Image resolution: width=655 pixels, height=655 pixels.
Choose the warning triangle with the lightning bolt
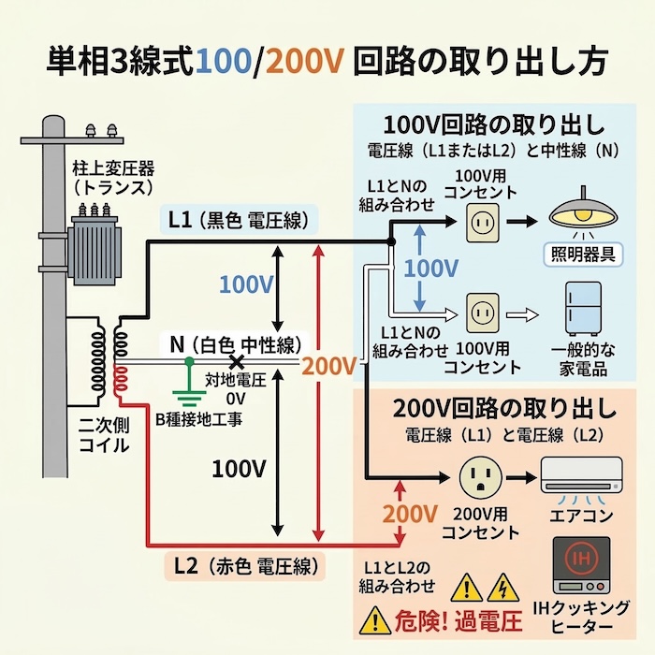tap(500, 588)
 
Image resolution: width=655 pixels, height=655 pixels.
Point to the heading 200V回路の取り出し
tap(504, 409)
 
